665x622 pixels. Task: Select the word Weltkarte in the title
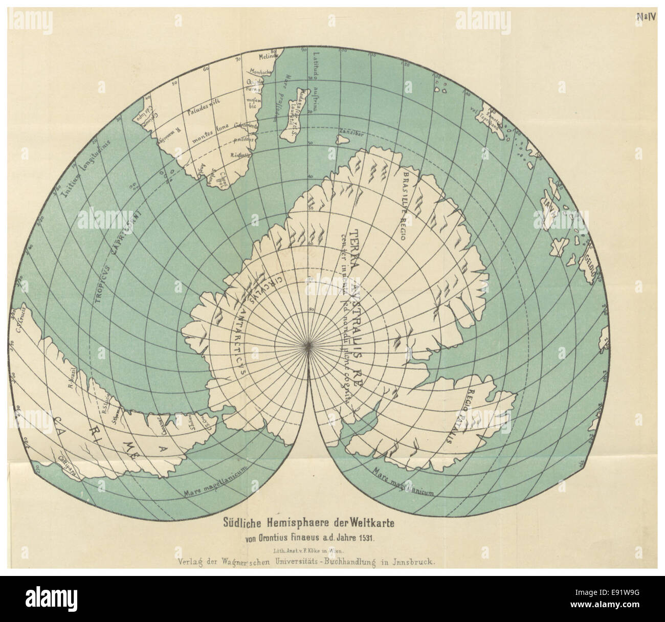tap(369, 523)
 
